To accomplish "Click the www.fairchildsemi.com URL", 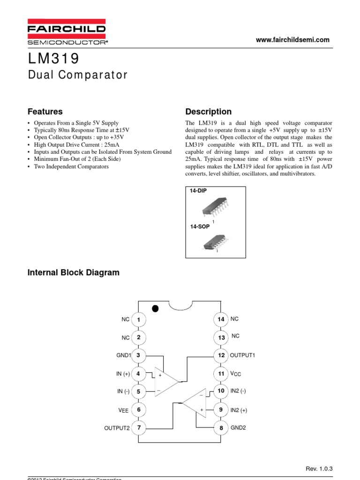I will point(292,40).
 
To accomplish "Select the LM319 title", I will point(54,59).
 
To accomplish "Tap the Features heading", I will point(45,112).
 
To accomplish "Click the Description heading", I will point(208,112).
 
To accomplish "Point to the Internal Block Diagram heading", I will point(74,272).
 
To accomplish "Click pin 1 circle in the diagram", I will point(138,320).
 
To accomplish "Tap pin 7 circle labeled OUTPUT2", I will point(138,427).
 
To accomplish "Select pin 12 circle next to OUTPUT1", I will point(221,355).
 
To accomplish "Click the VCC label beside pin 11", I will point(236,374).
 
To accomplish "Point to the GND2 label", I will point(239,428).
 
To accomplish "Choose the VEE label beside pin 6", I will point(123,410).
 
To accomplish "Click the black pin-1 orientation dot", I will point(156,308).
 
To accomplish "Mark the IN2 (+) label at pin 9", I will point(239,410).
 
